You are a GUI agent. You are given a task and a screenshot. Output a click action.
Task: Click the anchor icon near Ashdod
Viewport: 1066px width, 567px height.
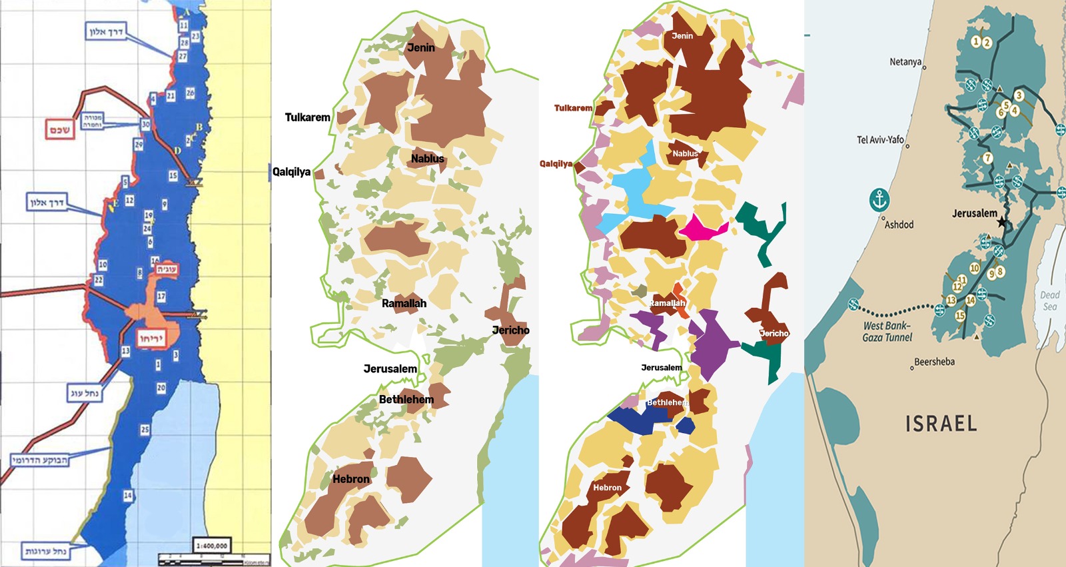(x=880, y=199)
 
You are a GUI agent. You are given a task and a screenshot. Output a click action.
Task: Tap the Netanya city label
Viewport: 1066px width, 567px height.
(x=905, y=62)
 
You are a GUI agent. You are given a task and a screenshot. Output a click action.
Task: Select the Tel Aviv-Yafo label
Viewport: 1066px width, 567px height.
(x=880, y=140)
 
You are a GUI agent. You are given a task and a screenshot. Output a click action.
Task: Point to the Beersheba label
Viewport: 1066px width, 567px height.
(x=934, y=362)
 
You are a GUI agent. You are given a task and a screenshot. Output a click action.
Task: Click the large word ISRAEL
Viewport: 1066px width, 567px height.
(x=941, y=424)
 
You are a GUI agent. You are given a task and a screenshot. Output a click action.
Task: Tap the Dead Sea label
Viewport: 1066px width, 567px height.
(x=1049, y=300)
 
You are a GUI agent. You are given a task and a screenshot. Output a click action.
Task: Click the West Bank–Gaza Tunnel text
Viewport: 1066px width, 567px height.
(x=887, y=331)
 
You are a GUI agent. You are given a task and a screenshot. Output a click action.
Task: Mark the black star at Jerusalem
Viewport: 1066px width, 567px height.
(x=1002, y=222)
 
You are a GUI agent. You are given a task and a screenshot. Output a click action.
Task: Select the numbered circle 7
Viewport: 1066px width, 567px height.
(x=987, y=158)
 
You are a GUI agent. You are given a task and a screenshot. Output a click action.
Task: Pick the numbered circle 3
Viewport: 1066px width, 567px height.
(x=1018, y=96)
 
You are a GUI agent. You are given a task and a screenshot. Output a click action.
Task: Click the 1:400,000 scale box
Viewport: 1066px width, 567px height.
(x=212, y=546)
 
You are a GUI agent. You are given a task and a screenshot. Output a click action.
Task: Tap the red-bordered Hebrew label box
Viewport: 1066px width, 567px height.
(x=60, y=129)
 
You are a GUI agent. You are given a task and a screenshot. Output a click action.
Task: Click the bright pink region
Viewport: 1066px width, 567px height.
(x=702, y=229)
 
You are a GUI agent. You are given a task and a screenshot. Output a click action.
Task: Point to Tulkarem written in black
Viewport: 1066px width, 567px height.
(x=307, y=117)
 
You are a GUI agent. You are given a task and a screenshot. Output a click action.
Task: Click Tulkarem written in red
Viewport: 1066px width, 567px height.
(x=573, y=108)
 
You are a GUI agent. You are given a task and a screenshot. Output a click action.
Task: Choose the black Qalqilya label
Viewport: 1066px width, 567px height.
(x=291, y=172)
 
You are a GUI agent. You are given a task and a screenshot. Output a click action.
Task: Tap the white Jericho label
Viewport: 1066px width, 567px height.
(x=774, y=333)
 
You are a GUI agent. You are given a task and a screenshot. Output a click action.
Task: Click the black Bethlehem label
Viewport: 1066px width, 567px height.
(x=406, y=399)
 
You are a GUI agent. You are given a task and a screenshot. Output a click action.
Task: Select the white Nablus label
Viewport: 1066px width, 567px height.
(x=685, y=153)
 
